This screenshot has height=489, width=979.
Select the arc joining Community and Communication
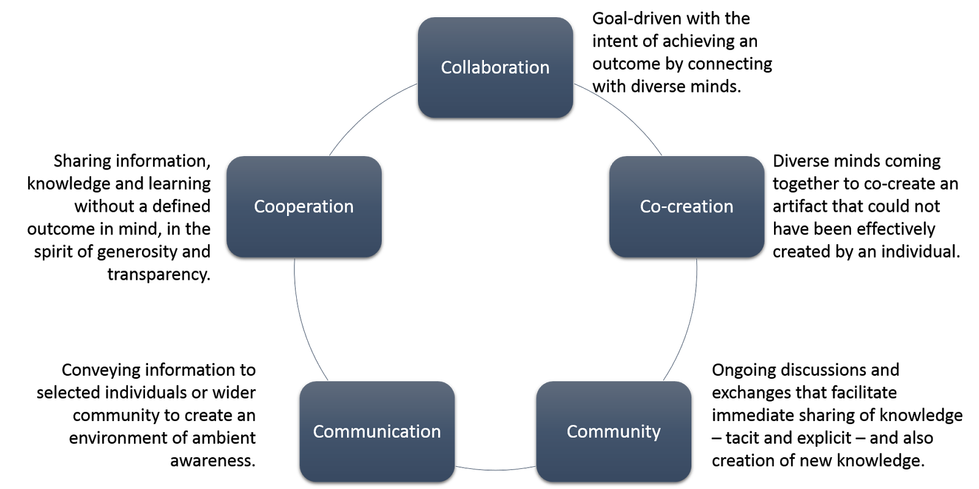click(496, 470)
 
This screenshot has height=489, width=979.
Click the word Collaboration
click(495, 67)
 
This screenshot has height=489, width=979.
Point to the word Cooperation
click(303, 207)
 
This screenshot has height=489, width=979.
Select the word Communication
click(377, 431)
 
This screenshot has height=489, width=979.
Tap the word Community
click(613, 432)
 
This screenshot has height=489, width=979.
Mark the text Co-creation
click(687, 207)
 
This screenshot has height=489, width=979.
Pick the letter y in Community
click(656, 434)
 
